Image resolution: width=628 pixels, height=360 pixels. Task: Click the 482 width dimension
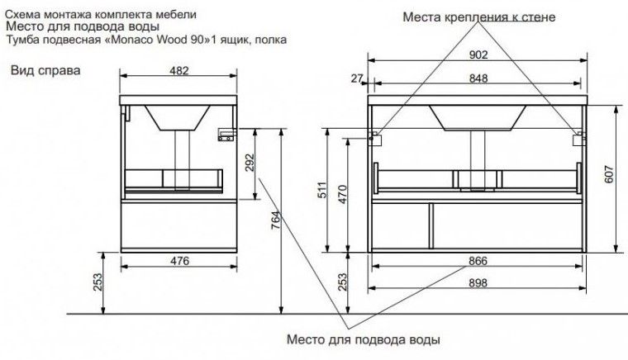[179, 71]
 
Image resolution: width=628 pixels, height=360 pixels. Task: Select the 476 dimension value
[180, 261]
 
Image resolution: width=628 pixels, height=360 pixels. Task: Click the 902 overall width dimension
[478, 54]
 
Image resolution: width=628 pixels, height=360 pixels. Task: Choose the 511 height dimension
[323, 192]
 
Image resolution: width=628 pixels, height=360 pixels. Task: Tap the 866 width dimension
[478, 261]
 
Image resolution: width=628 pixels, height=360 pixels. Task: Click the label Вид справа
[45, 70]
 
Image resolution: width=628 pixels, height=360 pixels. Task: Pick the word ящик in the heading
[230, 39]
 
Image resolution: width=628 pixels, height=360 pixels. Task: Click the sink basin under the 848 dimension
[478, 117]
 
